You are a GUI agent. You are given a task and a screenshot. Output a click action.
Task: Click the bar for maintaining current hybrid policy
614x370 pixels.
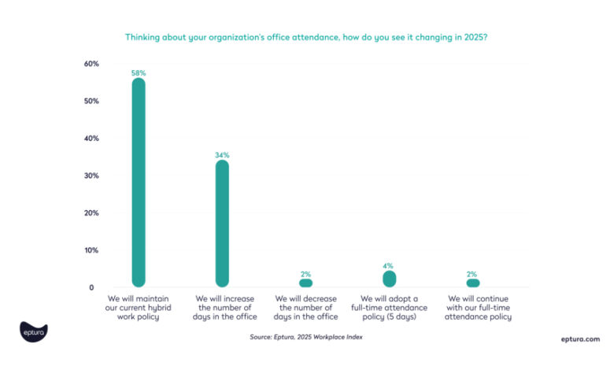pyautogui.click(x=139, y=181)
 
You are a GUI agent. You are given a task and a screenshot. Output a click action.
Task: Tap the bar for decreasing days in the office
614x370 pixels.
pyautogui.click(x=305, y=283)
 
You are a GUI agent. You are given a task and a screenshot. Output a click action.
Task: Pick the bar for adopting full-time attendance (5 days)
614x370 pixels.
pyautogui.click(x=389, y=279)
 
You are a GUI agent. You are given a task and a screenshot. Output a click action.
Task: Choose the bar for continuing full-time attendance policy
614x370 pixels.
pyautogui.click(x=472, y=283)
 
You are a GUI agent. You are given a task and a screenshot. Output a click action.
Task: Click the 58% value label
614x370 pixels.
pyautogui.click(x=139, y=73)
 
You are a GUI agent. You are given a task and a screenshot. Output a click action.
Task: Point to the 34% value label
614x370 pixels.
pyautogui.click(x=222, y=155)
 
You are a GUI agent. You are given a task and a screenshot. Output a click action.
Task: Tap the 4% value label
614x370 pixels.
pyautogui.click(x=389, y=266)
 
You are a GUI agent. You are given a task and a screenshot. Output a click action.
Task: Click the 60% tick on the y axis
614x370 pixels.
pyautogui.click(x=91, y=64)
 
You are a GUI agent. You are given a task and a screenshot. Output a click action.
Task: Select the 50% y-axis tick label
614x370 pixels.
pyautogui.click(x=91, y=102)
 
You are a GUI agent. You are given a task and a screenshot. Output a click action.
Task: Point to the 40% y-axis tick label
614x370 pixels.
pyautogui.click(x=91, y=139)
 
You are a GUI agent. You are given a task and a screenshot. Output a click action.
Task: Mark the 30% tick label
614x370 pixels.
pyautogui.click(x=91, y=176)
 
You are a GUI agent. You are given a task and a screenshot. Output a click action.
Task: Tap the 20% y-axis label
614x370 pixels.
pyautogui.click(x=91, y=213)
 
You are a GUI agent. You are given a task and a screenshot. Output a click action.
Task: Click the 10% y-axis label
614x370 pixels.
pyautogui.click(x=91, y=250)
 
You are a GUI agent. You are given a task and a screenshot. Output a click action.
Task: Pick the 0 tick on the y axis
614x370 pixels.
pyautogui.click(x=91, y=288)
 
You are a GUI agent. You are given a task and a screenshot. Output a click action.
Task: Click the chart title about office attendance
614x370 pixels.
pyautogui.click(x=306, y=37)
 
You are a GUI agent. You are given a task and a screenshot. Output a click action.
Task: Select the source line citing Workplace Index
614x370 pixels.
pyautogui.click(x=306, y=337)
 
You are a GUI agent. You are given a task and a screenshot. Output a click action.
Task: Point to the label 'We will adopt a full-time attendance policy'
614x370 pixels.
pyautogui.click(x=389, y=308)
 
